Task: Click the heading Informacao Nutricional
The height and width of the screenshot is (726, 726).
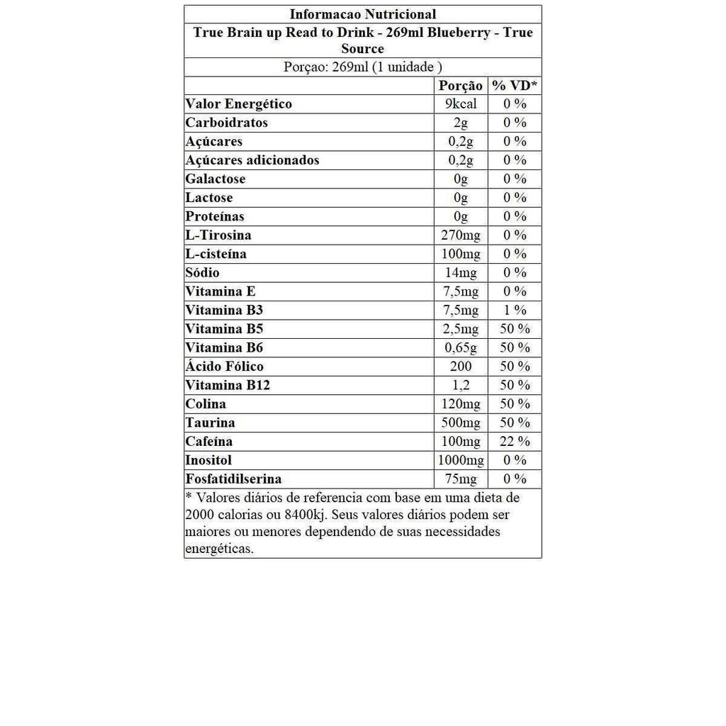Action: pyautogui.click(x=362, y=14)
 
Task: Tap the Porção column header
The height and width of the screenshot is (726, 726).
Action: pyautogui.click(x=461, y=86)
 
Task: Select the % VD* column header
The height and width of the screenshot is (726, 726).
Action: pyautogui.click(x=515, y=86)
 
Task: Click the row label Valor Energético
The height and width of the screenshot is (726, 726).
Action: pyautogui.click(x=238, y=104)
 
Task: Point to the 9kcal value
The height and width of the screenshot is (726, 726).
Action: pyautogui.click(x=461, y=104)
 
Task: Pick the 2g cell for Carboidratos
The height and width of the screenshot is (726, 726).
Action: pyautogui.click(x=461, y=123)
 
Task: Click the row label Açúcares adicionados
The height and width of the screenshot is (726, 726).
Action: pyautogui.click(x=252, y=160)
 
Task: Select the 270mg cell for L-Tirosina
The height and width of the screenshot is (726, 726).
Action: pyautogui.click(x=461, y=235)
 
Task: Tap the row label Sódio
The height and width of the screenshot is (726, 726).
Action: pyautogui.click(x=203, y=273)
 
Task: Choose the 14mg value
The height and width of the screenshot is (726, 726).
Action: pyautogui.click(x=461, y=273)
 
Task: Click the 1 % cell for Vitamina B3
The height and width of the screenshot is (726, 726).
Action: pyautogui.click(x=515, y=311)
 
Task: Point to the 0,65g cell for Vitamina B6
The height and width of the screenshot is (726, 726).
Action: pyautogui.click(x=461, y=348)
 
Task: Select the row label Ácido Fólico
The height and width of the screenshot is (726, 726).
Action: pyautogui.click(x=224, y=367)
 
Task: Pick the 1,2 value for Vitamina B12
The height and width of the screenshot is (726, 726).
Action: pyautogui.click(x=461, y=386)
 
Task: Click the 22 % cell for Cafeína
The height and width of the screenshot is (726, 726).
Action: pyautogui.click(x=515, y=442)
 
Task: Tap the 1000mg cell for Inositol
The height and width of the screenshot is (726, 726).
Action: pyautogui.click(x=461, y=461)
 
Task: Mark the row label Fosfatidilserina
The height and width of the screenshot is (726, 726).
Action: pyautogui.click(x=233, y=479)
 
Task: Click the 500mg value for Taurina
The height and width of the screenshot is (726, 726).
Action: pyautogui.click(x=461, y=423)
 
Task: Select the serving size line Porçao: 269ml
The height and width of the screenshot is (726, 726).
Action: pyautogui.click(x=362, y=67)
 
